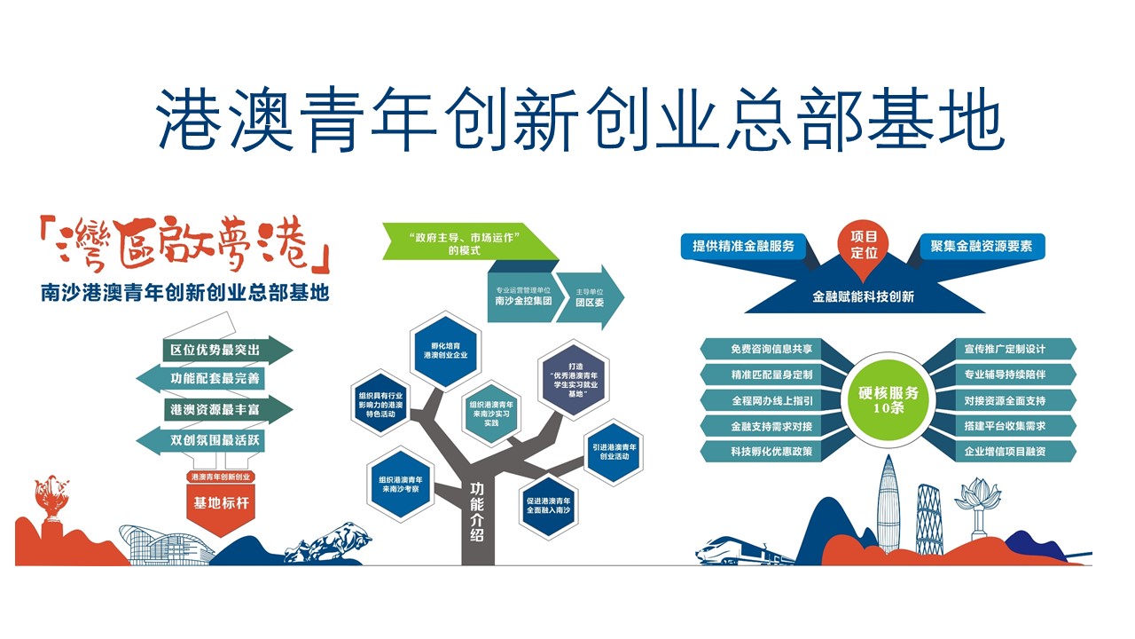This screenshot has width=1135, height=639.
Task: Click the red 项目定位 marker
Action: tap(863, 244)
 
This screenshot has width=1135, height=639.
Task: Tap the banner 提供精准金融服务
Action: tap(743, 246)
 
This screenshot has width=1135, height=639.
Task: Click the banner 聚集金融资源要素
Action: tap(982, 246)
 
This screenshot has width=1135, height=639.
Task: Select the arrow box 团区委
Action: tap(590, 296)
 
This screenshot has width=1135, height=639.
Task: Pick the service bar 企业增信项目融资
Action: tap(1006, 452)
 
